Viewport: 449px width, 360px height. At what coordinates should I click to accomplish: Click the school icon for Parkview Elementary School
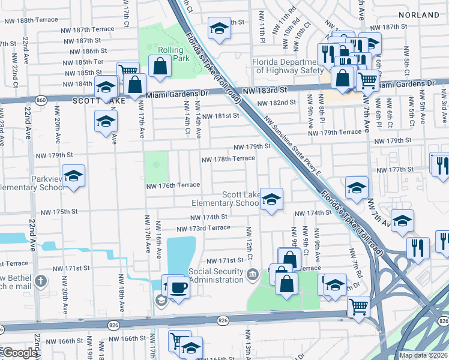click(x=73, y=175)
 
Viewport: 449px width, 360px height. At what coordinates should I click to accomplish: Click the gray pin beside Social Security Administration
click(x=253, y=275)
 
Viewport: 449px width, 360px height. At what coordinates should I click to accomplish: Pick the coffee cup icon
click(x=178, y=286)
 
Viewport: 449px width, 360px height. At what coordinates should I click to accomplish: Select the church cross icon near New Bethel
click(x=41, y=281)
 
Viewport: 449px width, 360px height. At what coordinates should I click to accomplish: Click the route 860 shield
click(x=40, y=99)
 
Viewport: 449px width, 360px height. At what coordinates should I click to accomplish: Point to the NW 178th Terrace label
click(x=228, y=159)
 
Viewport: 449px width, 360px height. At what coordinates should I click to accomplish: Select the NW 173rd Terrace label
click(x=203, y=228)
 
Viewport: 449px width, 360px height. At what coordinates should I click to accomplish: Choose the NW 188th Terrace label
click(x=31, y=20)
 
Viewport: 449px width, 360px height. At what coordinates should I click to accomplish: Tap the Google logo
click(x=20, y=353)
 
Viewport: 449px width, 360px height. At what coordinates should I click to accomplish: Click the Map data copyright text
click(x=424, y=355)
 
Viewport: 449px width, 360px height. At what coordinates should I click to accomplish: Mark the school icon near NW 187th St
click(x=219, y=28)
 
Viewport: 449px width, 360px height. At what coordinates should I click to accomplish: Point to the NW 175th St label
click(x=59, y=212)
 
